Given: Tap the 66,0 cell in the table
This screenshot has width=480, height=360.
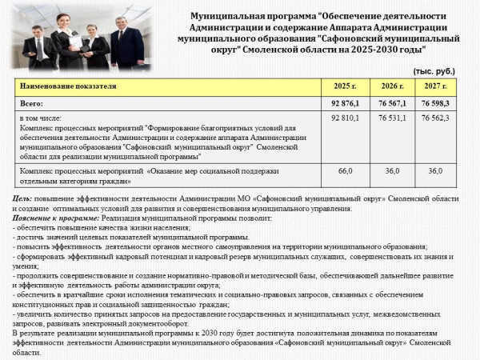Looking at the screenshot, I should coord(346,171).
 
